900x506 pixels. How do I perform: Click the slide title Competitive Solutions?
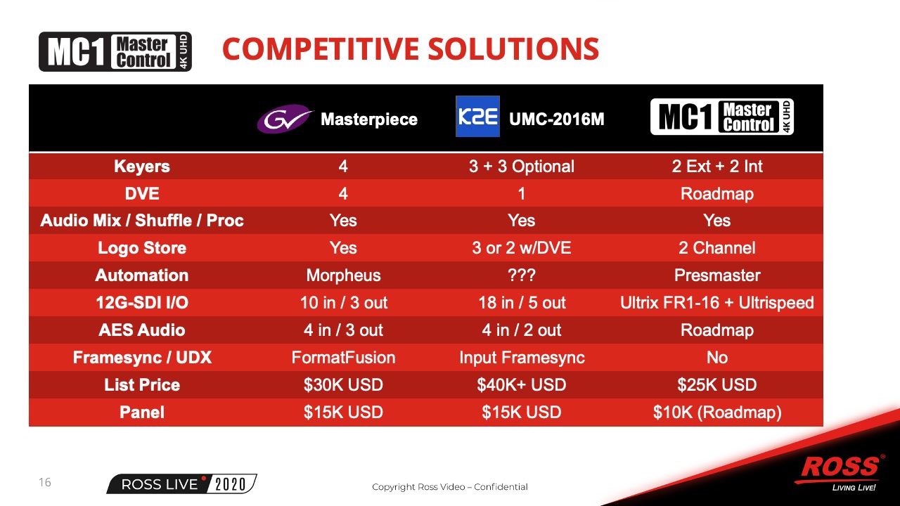(410, 48)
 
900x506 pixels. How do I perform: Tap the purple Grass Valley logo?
(285, 119)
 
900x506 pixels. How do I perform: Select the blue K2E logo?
(477, 117)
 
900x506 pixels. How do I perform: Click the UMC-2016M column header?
(556, 119)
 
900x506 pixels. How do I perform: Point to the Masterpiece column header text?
(369, 119)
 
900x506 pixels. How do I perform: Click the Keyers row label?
(142, 167)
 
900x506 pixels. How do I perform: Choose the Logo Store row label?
(142, 248)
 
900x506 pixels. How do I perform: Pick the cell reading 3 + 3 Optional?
(522, 167)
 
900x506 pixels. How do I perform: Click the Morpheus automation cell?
(344, 275)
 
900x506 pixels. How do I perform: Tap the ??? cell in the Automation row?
(522, 275)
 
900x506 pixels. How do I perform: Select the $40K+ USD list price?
(522, 384)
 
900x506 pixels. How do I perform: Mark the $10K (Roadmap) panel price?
(717, 413)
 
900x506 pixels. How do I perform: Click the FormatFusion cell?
(344, 358)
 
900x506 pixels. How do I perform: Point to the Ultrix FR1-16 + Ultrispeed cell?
(717, 303)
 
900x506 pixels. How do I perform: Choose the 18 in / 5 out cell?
(522, 303)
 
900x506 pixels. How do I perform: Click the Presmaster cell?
(717, 275)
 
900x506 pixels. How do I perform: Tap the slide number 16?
(44, 482)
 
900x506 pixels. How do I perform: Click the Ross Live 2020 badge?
(181, 484)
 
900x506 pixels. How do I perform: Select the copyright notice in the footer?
(449, 487)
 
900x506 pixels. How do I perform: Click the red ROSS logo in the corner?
(840, 467)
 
